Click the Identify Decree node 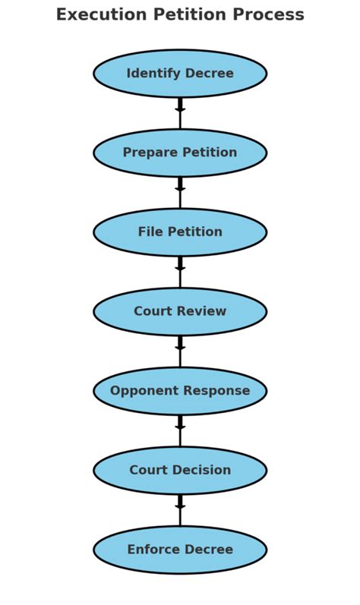coord(180,74)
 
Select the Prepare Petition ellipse coord(180,153)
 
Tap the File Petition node coord(180,232)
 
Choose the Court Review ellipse coord(180,311)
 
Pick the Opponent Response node coord(180,391)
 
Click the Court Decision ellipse coord(180,471)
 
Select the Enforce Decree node coord(180,550)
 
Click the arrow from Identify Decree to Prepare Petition coord(180,113)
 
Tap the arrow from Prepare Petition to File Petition coord(180,193)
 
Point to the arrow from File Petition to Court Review coord(180,272)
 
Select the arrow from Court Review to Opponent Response coord(180,351)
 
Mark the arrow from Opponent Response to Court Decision coord(180,430)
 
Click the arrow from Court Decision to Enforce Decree coord(180,510)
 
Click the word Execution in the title coord(102,14)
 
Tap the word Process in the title coord(269,14)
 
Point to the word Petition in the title coord(190,14)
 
